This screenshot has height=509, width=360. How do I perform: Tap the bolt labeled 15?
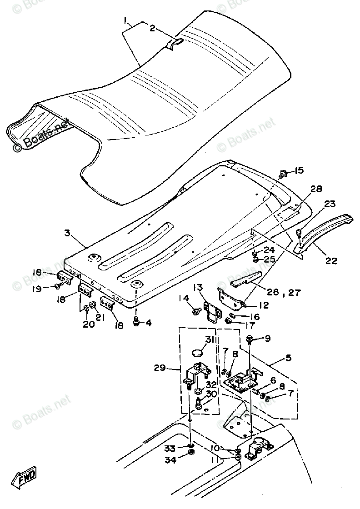(x=284, y=173)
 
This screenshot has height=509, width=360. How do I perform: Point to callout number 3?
(x=67, y=234)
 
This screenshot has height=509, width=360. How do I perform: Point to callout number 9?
(x=268, y=338)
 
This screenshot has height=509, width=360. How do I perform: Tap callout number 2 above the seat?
(x=153, y=28)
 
